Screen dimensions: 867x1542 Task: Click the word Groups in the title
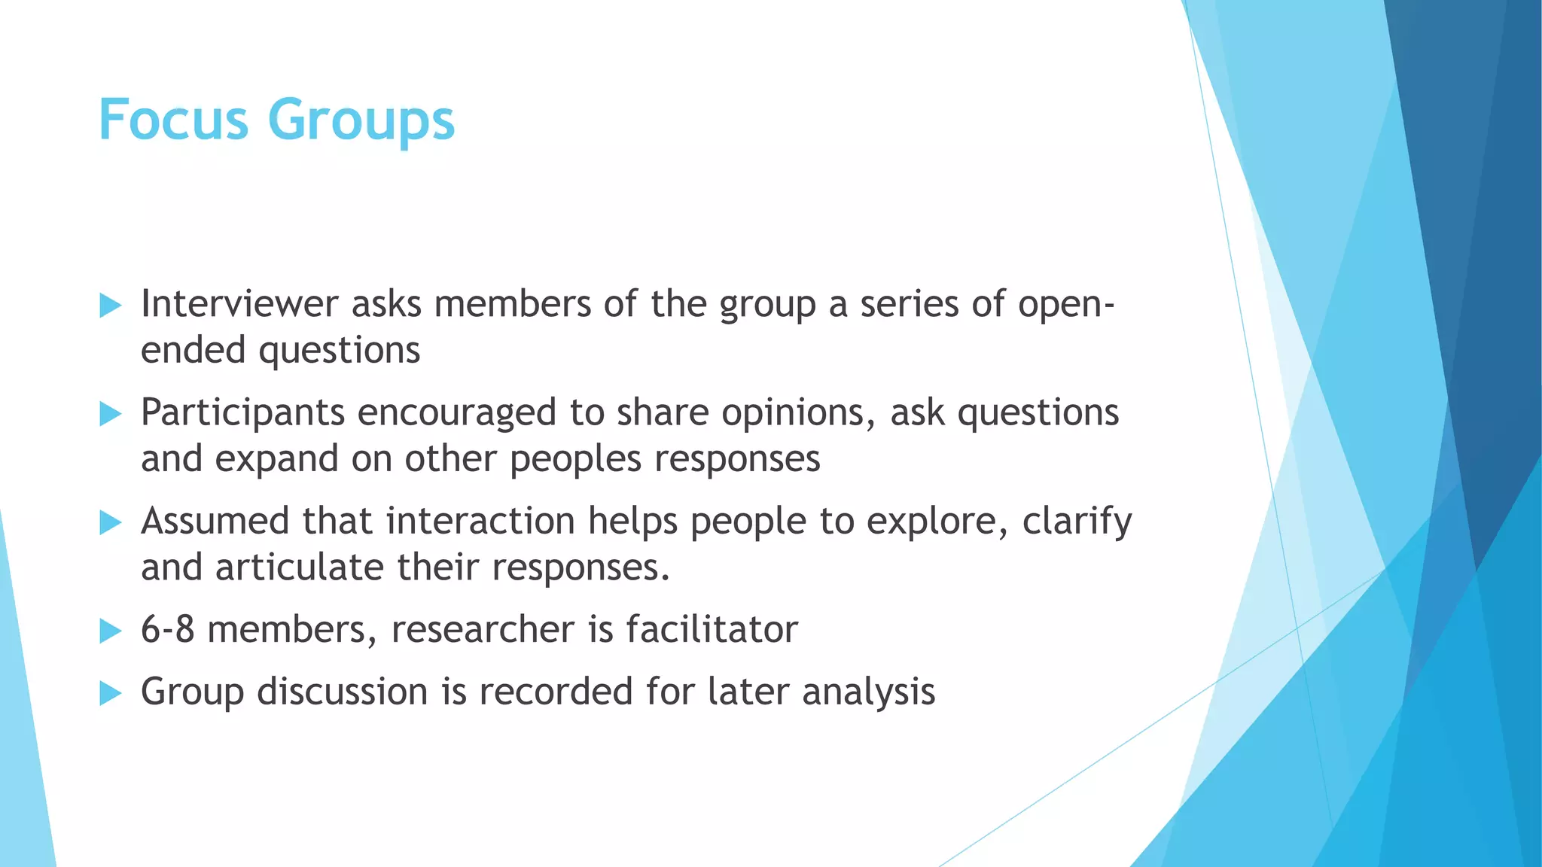361,120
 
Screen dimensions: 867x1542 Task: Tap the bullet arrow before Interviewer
110,306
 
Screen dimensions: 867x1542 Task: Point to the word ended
193,351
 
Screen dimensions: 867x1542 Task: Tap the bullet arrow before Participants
110,414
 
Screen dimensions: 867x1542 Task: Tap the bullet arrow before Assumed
110,522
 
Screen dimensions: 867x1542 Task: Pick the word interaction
480,521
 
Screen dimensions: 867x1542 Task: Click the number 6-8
167,629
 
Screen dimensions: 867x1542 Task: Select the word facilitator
712,629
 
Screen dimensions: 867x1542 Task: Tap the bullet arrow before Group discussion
110,693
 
